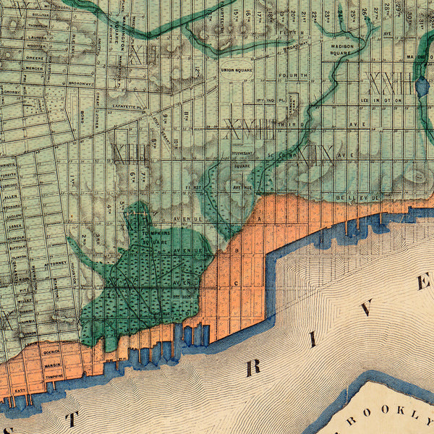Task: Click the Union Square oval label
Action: click(237, 69)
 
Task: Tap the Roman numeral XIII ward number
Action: click(127, 153)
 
